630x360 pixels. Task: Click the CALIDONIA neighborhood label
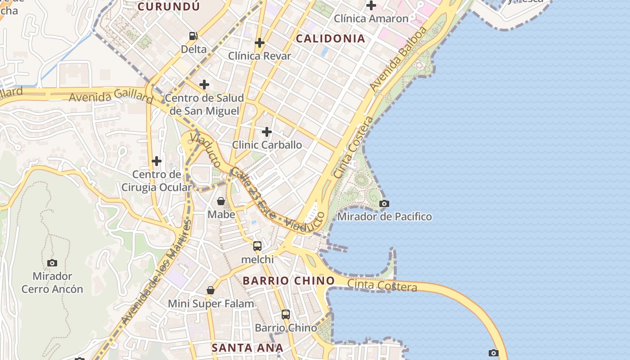pyautogui.click(x=330, y=39)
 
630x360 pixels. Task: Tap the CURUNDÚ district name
pyautogui.click(x=168, y=6)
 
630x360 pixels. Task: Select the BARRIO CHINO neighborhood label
pyautogui.click(x=289, y=281)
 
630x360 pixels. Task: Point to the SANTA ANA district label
pyautogui.click(x=247, y=348)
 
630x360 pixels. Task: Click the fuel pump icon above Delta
pyautogui.click(x=193, y=36)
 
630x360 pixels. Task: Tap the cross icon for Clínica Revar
pyautogui.click(x=260, y=43)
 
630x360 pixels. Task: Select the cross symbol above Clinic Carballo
pyautogui.click(x=267, y=132)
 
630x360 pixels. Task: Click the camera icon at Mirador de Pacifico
pyautogui.click(x=384, y=203)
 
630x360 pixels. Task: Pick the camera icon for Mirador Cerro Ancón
pyautogui.click(x=52, y=263)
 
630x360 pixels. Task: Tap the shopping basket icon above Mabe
pyautogui.click(x=221, y=201)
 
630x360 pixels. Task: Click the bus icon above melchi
pyautogui.click(x=257, y=246)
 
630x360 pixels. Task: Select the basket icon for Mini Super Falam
pyautogui.click(x=211, y=291)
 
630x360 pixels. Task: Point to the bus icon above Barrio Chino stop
pyautogui.click(x=286, y=315)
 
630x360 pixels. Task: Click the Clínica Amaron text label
pyautogui.click(x=371, y=19)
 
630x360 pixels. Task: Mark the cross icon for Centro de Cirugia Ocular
pyautogui.click(x=157, y=161)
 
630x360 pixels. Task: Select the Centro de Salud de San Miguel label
pyautogui.click(x=204, y=104)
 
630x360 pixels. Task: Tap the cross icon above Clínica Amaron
pyautogui.click(x=371, y=6)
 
